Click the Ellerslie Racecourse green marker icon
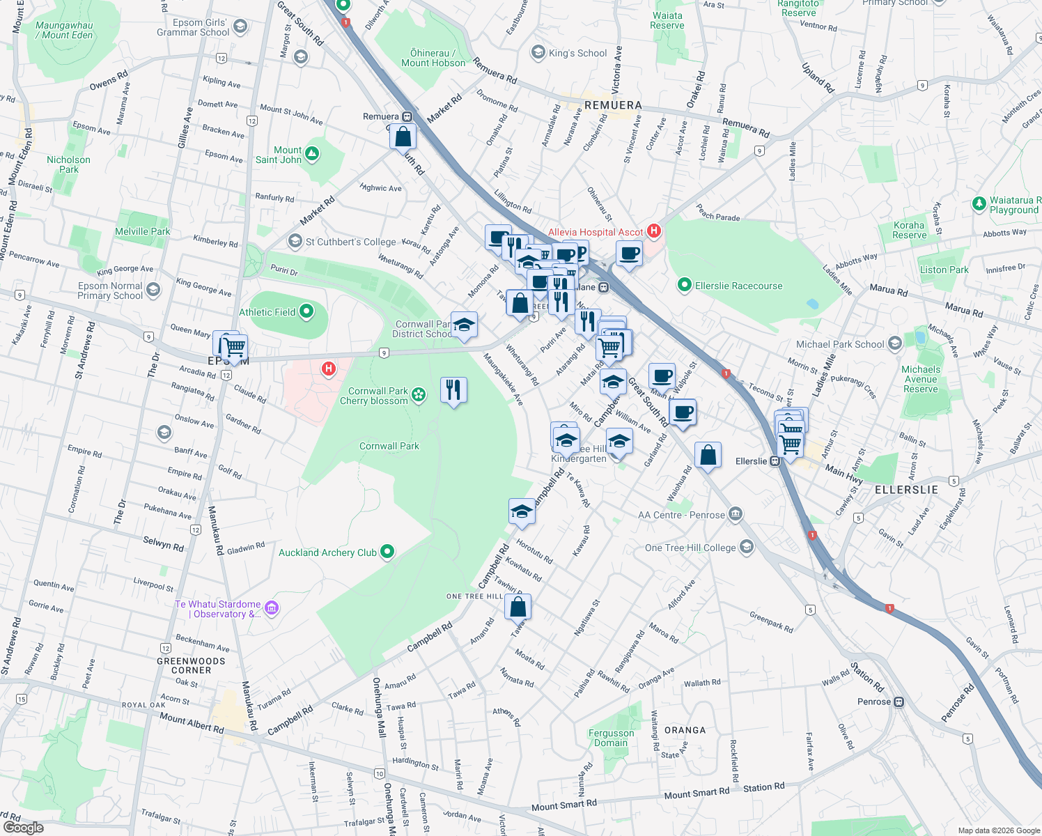[x=684, y=285]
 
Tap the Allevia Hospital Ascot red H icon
[x=653, y=231]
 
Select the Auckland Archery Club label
[x=327, y=552]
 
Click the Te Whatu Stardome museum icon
[x=272, y=608]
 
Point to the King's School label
[x=577, y=53]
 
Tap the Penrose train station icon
[x=899, y=702]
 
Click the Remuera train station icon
[x=407, y=116]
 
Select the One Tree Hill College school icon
[x=747, y=547]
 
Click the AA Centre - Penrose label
[x=681, y=515]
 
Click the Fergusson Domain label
[x=611, y=738]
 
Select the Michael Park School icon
[x=895, y=343]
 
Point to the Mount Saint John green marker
[x=312, y=154]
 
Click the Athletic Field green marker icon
[x=306, y=312]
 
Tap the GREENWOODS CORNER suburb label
[x=191, y=665]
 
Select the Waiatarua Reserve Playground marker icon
[x=979, y=204]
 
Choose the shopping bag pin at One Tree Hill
[x=518, y=607]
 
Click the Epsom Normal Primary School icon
[x=153, y=290]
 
